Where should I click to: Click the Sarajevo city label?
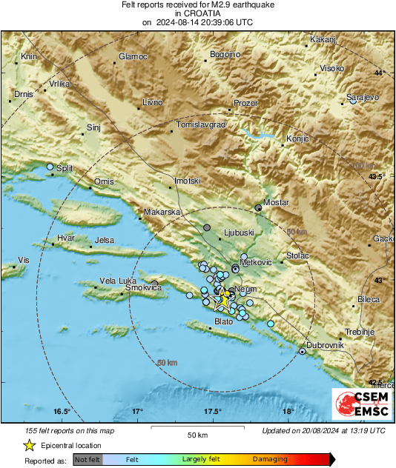coord(363,97)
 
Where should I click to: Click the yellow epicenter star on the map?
coord(222,298)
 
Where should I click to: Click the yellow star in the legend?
coord(29,445)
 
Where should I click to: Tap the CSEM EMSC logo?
coord(362,406)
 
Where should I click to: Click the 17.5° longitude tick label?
coord(212,412)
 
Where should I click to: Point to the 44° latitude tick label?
coord(380,73)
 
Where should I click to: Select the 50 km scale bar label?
coord(197,434)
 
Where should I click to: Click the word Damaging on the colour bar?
coord(270,459)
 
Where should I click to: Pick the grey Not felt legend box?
coord(88,460)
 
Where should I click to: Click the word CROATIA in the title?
coord(197,13)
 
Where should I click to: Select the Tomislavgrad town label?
coord(200,125)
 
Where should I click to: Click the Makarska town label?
coord(162,212)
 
